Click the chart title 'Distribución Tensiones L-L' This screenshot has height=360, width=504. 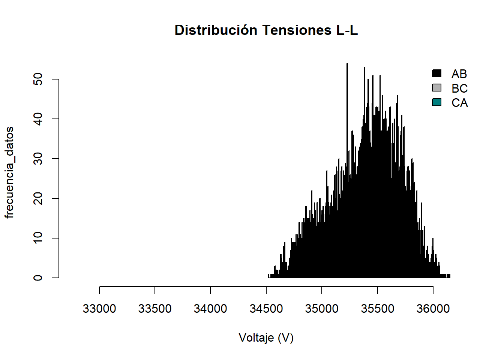tap(266, 30)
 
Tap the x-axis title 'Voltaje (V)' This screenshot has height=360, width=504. tap(266, 338)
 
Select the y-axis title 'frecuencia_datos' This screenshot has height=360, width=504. tap(9, 172)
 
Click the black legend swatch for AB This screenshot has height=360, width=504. tap(436, 73)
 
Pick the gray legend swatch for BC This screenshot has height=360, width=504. tap(436, 88)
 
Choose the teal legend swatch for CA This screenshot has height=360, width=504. tap(436, 102)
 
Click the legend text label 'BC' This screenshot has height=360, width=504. tap(459, 88)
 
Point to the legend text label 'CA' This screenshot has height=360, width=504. tap(459, 103)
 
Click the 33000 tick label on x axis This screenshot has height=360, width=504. tap(99, 309)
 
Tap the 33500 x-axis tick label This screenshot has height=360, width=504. tap(155, 309)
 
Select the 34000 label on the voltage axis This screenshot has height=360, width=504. tap(210, 309)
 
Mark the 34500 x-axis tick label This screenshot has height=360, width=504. tap(266, 309)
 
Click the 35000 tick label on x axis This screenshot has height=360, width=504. tap(322, 309)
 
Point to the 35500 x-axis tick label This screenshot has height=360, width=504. tap(378, 309)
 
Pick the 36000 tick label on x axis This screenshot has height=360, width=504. tap(433, 309)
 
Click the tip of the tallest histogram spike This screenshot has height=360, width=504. tap(347, 64)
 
